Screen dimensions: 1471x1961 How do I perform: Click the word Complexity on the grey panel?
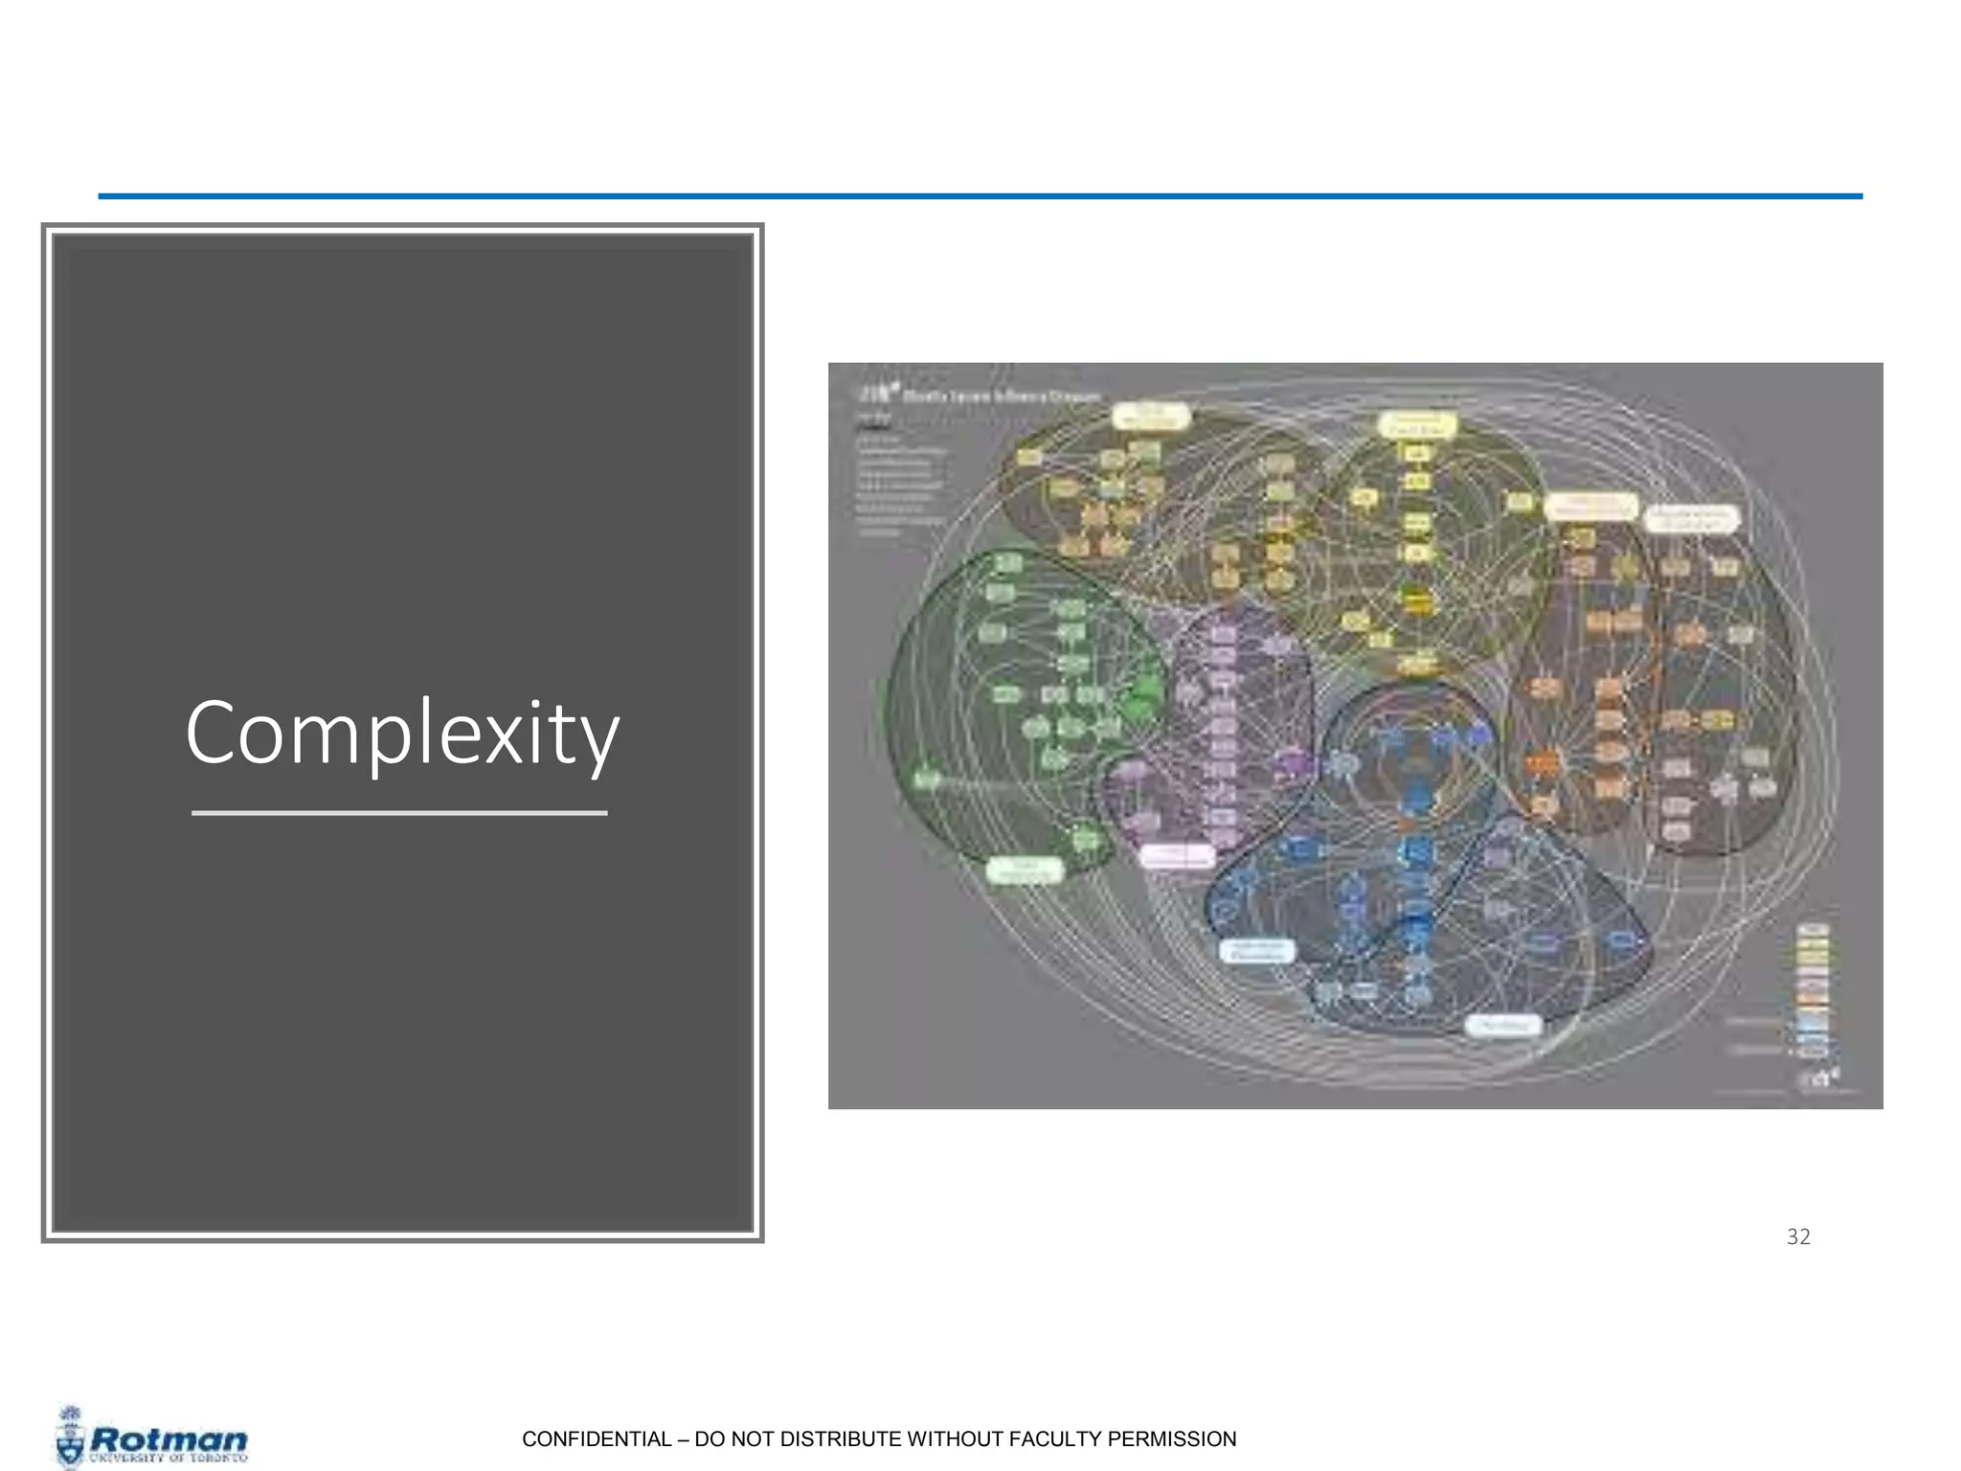click(x=402, y=733)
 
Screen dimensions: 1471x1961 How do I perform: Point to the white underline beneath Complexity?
click(x=399, y=813)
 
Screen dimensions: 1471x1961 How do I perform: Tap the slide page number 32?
click(x=1798, y=1236)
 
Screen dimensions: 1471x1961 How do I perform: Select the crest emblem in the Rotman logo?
click(x=70, y=1437)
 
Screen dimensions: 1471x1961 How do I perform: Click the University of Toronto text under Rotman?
click(x=169, y=1458)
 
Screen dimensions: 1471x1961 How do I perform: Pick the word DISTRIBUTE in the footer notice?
click(x=828, y=1438)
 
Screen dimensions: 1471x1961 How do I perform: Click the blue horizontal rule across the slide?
click(x=980, y=196)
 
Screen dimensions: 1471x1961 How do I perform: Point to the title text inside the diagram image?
click(x=1001, y=396)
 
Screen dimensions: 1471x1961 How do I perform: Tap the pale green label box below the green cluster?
click(x=1024, y=870)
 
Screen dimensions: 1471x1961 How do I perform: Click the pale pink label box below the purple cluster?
click(x=1177, y=855)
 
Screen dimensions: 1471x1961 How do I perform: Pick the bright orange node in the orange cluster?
click(x=1542, y=763)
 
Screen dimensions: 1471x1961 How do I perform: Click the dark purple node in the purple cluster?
click(x=1293, y=764)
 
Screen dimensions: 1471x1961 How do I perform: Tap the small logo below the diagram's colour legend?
click(x=1820, y=1078)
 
